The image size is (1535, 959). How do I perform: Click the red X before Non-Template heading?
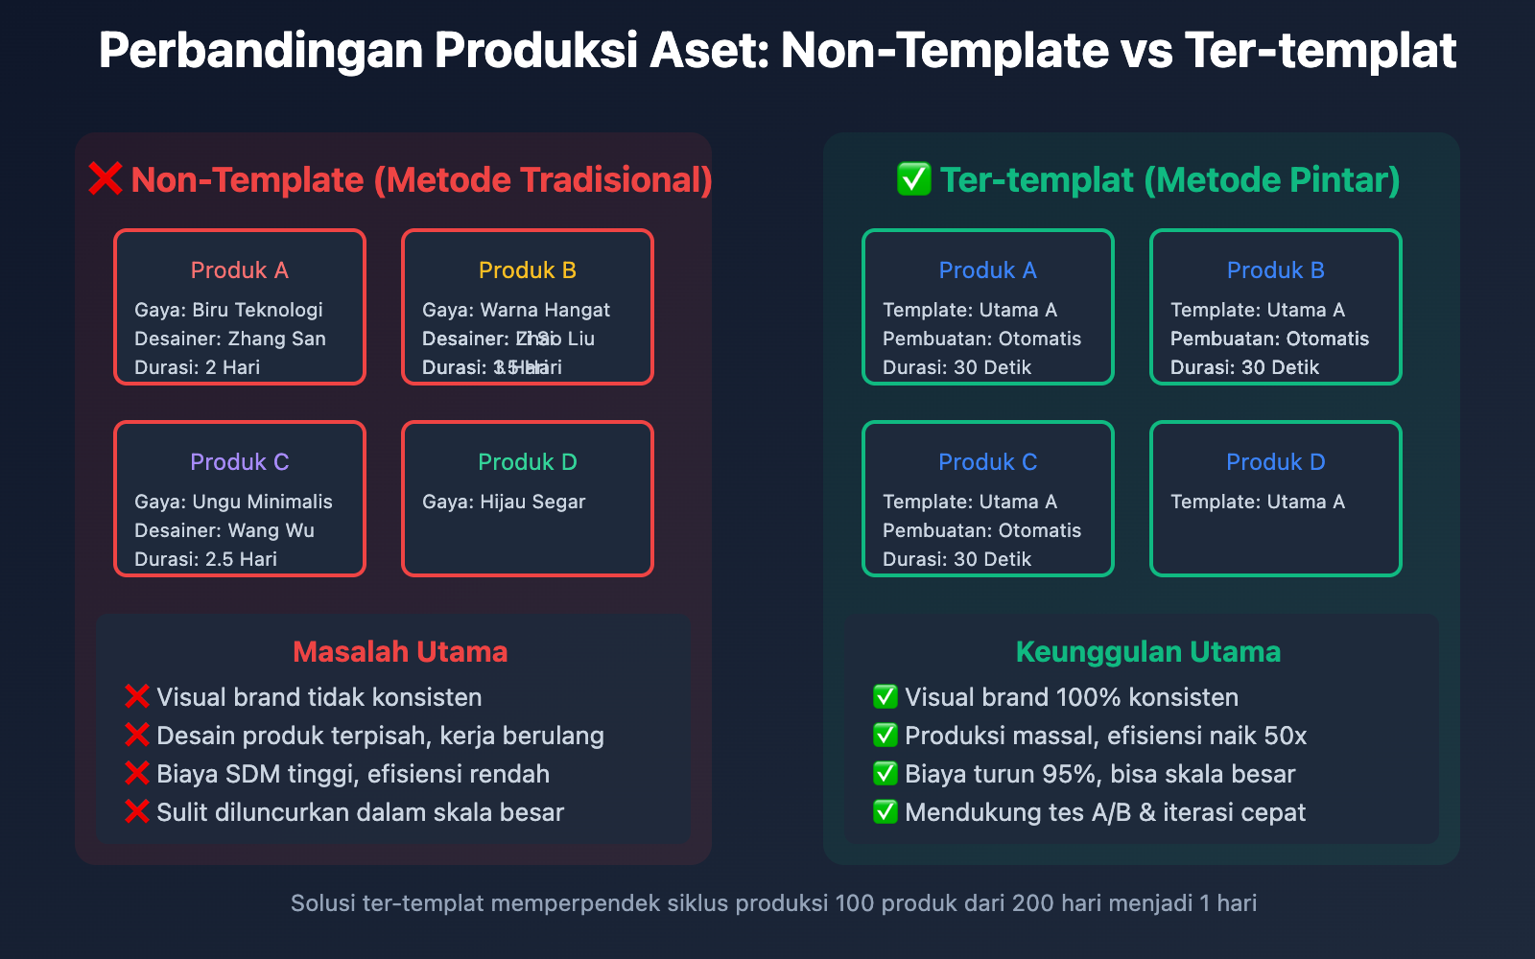click(106, 179)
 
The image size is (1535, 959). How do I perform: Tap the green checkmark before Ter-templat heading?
click(913, 179)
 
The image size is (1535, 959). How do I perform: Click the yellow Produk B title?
click(528, 270)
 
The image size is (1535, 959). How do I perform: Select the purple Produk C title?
click(240, 462)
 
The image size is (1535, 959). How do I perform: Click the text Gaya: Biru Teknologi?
click(228, 310)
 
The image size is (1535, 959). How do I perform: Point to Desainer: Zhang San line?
click(230, 339)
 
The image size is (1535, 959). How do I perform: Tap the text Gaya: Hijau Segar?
click(504, 502)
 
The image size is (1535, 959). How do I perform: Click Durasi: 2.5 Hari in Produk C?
click(205, 559)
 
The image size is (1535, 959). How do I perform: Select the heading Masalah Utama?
click(400, 652)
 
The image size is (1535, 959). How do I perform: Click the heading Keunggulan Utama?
click(1148, 652)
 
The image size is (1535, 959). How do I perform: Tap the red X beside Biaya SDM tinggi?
click(137, 774)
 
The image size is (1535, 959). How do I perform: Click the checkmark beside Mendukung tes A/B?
click(885, 812)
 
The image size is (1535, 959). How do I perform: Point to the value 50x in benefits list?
click(1285, 736)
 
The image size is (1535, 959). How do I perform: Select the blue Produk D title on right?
click(1276, 462)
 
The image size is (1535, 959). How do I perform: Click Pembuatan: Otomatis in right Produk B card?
click(1269, 339)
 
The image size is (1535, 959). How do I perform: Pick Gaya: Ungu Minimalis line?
click(233, 502)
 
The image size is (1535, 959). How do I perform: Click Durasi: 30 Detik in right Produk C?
click(956, 559)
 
